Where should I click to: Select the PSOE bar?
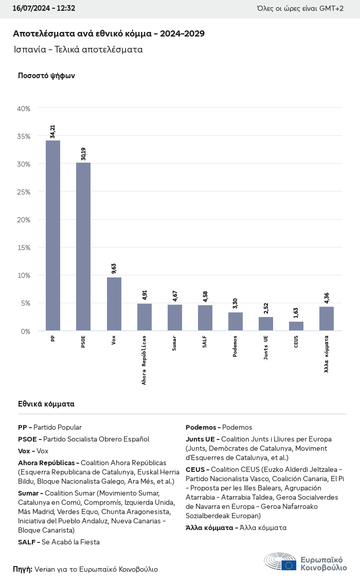83,246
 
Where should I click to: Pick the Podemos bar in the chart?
235,321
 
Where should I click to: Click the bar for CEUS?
296,326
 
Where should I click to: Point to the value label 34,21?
53,131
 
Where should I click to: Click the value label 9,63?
114,268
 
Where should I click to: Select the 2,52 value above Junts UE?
265,308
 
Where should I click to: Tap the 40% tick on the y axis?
24,109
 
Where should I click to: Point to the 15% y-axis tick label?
24,248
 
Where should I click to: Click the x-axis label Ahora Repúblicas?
144,360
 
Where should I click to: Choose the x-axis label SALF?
205,342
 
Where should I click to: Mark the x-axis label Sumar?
174,343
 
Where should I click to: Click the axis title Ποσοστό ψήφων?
46,76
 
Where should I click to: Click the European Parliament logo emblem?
280,561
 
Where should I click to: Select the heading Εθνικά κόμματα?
46,404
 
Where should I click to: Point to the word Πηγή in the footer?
23,569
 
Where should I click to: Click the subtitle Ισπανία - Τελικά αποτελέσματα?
78,50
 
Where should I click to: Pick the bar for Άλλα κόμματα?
326,319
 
